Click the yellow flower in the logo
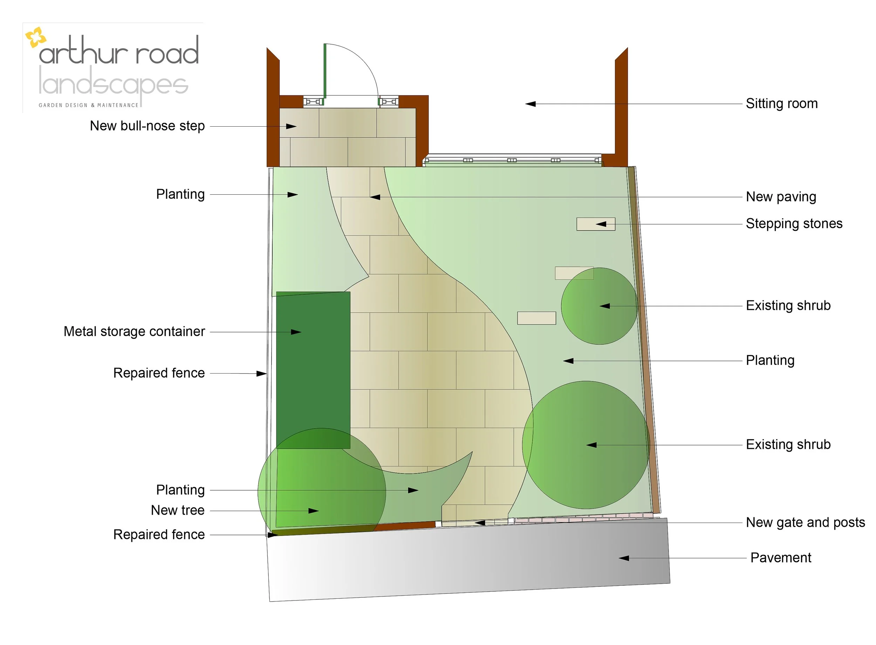click(35, 37)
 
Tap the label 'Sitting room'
click(781, 103)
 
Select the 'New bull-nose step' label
click(147, 126)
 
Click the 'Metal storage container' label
click(134, 331)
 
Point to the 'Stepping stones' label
click(794, 224)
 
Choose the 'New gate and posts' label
click(805, 522)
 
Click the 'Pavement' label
click(780, 558)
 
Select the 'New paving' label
click(781, 197)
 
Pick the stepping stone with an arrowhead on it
click(596, 224)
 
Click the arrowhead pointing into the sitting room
click(531, 104)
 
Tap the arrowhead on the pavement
click(624, 558)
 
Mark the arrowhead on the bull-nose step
click(291, 127)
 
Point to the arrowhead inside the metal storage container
click(296, 332)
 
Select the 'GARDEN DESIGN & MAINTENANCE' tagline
click(89, 105)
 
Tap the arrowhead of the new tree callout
click(314, 511)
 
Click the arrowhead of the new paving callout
click(375, 197)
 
